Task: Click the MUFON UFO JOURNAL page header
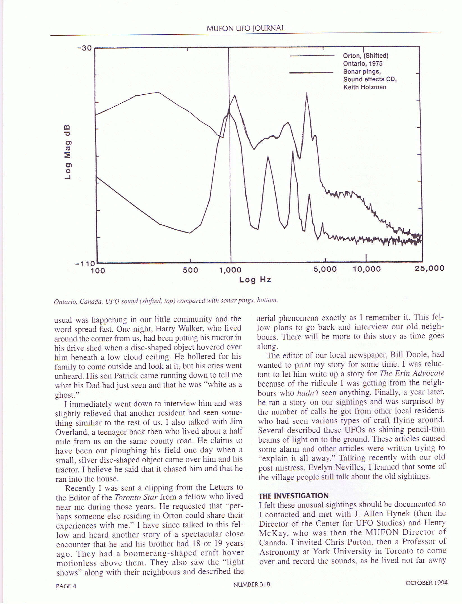coord(245,28)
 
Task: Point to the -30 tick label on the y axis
coord(84,48)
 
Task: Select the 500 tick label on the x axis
coord(190,270)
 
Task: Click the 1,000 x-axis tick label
coord(230,270)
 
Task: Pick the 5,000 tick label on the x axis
coord(325,269)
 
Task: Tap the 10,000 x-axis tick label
coord(367,269)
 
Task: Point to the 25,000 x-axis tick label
coord(429,268)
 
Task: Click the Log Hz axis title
coord(255,280)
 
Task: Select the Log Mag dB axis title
coord(68,152)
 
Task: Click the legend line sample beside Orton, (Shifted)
coord(312,56)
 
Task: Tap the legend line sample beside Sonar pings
coord(311,73)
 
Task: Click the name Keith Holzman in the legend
coord(365,87)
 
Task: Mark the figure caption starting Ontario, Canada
coord(166,301)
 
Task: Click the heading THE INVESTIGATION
coord(293,496)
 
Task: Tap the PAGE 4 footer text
coord(66,586)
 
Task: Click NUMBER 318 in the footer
coord(252,584)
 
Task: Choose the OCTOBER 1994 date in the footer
coord(426,583)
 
